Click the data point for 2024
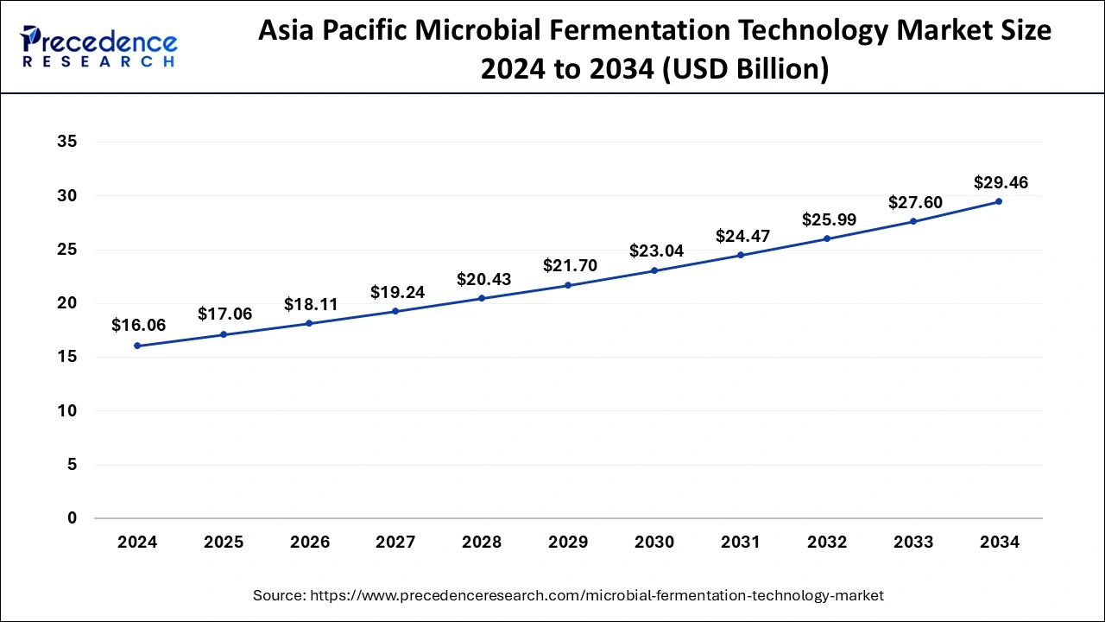click(137, 346)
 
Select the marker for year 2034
click(999, 201)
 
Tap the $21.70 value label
click(570, 266)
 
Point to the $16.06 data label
click(138, 325)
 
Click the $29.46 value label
click(1001, 182)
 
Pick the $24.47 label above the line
click(742, 236)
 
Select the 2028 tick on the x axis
click(482, 543)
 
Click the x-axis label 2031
click(741, 543)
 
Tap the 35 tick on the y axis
click(66, 143)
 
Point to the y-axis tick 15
click(66, 357)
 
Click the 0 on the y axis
click(72, 518)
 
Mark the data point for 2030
click(654, 270)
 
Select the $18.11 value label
click(311, 304)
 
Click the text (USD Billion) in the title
click(744, 68)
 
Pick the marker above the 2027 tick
click(395, 311)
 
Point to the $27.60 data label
click(915, 202)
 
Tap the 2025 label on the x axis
click(224, 543)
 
